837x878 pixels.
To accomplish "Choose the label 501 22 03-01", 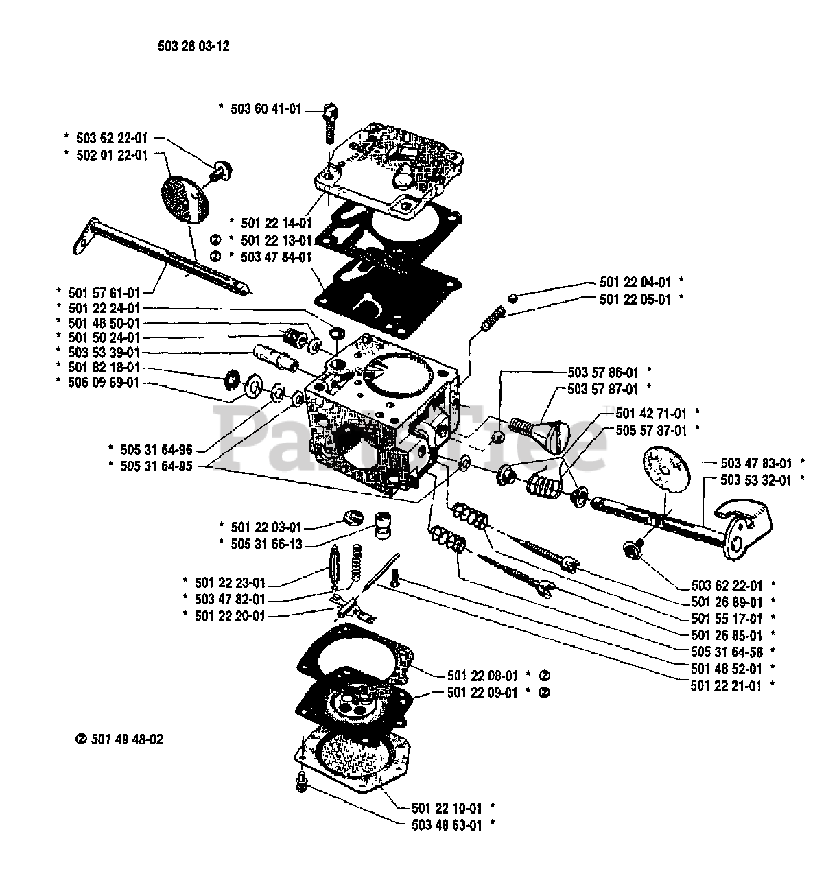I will coord(266,527).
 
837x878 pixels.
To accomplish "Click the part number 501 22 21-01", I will coord(726,685).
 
